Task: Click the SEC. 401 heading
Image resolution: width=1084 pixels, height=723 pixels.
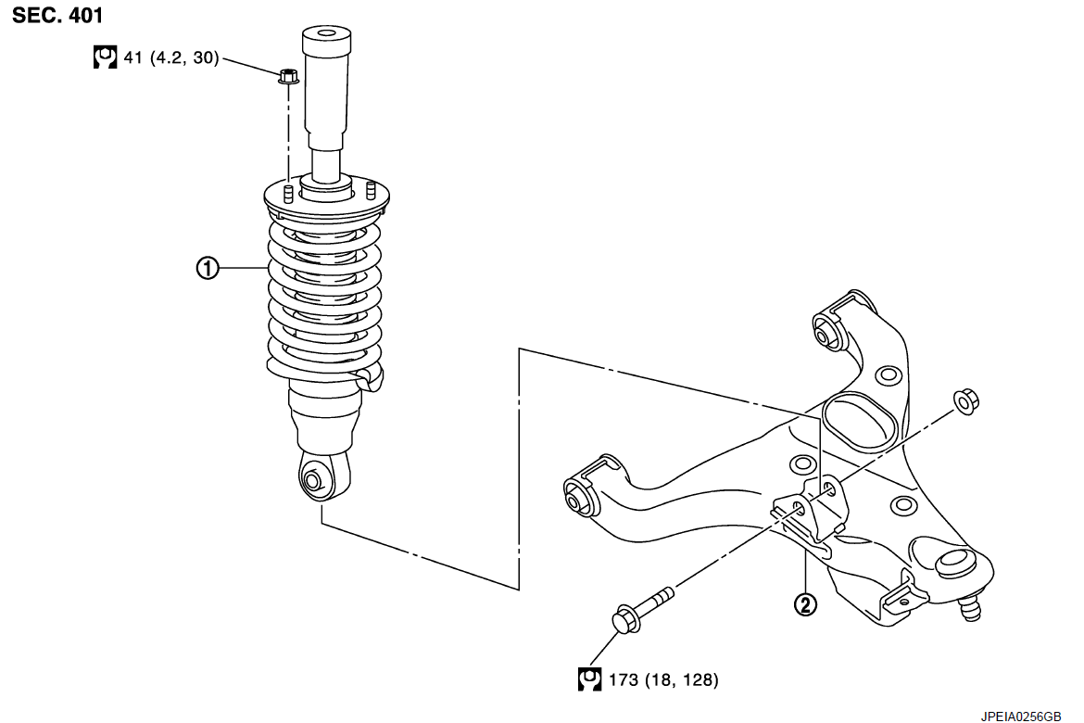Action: coord(57,15)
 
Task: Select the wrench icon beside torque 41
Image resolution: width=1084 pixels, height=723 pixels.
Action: coord(105,57)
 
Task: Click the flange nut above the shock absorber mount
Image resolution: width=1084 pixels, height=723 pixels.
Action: coord(288,76)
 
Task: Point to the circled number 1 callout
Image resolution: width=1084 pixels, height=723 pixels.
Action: coord(208,268)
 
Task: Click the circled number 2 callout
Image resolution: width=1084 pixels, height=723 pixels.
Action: coord(805,604)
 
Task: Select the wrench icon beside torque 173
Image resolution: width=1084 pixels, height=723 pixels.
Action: coord(589,679)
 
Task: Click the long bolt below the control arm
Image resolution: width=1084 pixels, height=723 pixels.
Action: coord(642,609)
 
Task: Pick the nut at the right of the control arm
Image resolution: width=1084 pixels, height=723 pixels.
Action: coord(965,401)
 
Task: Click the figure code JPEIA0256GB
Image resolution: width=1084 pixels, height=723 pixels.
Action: coord(1020,717)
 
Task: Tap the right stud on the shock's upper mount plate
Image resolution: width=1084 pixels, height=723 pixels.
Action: coord(371,191)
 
